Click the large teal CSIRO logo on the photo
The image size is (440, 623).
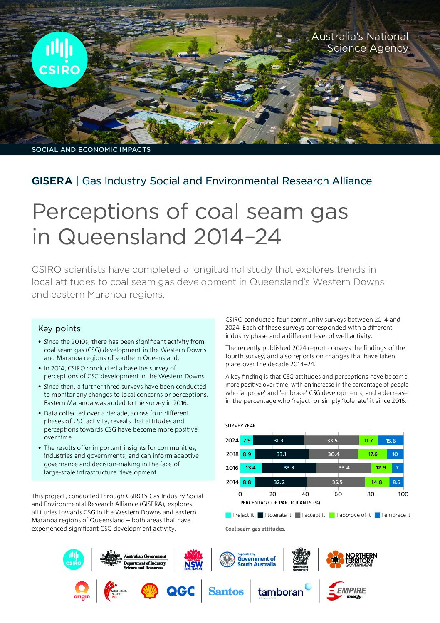pyautogui.click(x=59, y=60)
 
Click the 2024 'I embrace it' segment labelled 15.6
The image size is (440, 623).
pyautogui.click(x=391, y=441)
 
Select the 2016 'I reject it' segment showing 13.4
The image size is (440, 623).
pyautogui.click(x=251, y=468)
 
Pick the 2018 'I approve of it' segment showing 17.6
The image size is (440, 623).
pyautogui.click(x=373, y=454)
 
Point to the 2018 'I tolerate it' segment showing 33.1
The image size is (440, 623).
pyautogui.click(x=282, y=454)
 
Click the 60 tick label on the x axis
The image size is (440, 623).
pyautogui.click(x=338, y=494)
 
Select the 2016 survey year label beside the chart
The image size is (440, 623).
pyautogui.click(x=232, y=468)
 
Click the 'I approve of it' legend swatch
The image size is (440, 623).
pyautogui.click(x=332, y=515)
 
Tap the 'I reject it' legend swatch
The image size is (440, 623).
pyautogui.click(x=228, y=515)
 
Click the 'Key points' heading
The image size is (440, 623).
pyautogui.click(x=59, y=328)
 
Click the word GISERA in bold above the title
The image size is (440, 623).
pyautogui.click(x=52, y=181)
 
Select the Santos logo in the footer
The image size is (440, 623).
pyautogui.click(x=226, y=591)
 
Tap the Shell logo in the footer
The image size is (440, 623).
pyautogui.click(x=150, y=591)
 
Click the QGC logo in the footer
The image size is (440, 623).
pyautogui.click(x=180, y=591)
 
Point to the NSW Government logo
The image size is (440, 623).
pyautogui.click(x=193, y=560)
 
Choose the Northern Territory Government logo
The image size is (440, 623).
pyautogui.click(x=352, y=560)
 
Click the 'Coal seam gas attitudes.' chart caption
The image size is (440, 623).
pyautogui.click(x=255, y=529)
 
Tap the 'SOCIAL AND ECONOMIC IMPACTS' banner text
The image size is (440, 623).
pyautogui.click(x=91, y=149)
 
